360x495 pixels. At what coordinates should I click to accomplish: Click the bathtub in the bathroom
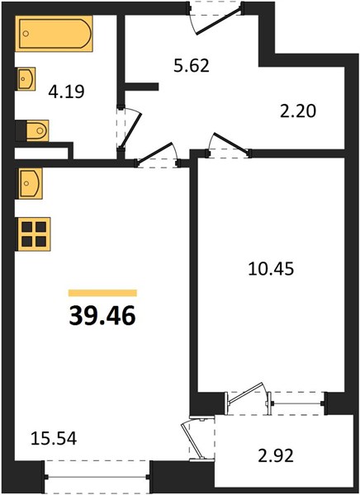(54, 34)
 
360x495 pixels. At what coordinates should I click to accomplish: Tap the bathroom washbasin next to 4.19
(26, 78)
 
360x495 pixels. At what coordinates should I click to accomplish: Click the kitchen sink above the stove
(30, 183)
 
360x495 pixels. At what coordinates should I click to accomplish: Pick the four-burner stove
(34, 234)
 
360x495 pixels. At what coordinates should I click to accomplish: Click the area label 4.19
(66, 92)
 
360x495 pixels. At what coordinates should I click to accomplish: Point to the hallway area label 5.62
(192, 66)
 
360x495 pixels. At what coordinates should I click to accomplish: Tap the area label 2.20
(298, 111)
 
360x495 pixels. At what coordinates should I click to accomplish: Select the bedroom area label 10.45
(271, 269)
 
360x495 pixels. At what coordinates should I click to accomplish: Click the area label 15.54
(54, 439)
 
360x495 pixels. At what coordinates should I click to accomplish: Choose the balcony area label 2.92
(276, 456)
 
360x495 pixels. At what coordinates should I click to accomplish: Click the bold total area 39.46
(102, 316)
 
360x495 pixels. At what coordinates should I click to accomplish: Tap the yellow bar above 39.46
(102, 293)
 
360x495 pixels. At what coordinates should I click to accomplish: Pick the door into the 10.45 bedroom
(229, 146)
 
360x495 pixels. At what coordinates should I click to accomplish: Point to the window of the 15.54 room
(97, 477)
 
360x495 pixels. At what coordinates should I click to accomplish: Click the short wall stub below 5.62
(141, 87)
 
